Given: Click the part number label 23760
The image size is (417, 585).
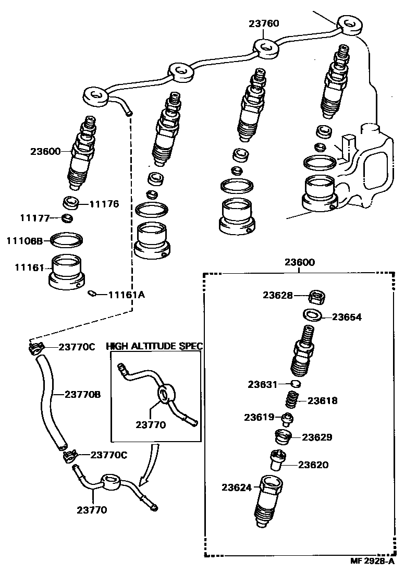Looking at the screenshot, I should click(263, 23).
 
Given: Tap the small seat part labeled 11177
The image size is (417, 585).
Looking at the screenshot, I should click(67, 217).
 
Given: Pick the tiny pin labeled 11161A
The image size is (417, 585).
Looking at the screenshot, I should click(92, 294).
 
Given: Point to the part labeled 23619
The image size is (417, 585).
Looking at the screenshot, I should click(287, 417).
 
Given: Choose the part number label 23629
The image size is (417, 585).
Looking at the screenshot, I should click(317, 437).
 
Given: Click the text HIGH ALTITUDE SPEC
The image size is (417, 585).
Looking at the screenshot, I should click(154, 346).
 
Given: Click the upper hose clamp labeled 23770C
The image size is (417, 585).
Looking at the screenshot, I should click(35, 348).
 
